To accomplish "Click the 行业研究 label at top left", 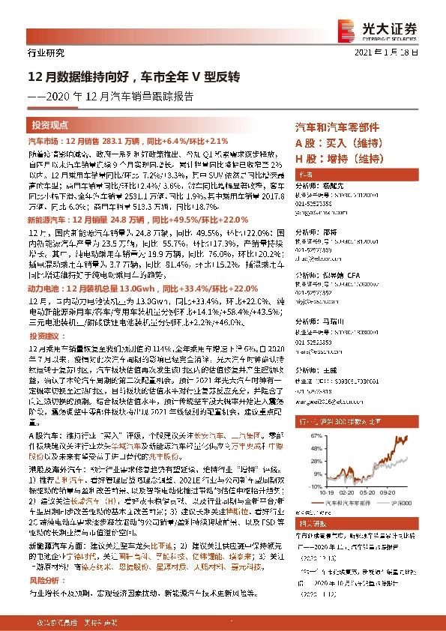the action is pos(40,53).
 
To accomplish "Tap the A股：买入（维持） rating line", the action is pos(335,142).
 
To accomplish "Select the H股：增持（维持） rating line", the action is pos(335,157).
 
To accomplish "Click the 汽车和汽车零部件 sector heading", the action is pos(337,127).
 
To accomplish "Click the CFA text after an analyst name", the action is pos(352,275).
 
